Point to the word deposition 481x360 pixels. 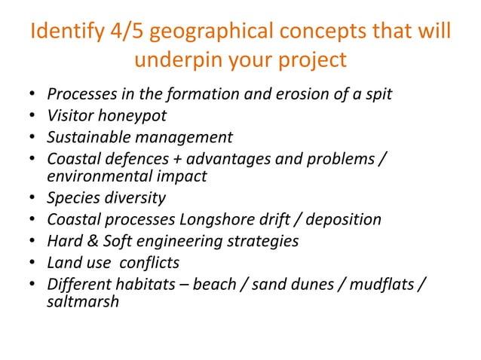tap(344, 219)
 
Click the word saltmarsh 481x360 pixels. tap(83, 301)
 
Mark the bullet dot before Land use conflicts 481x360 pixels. tap(32, 263)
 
